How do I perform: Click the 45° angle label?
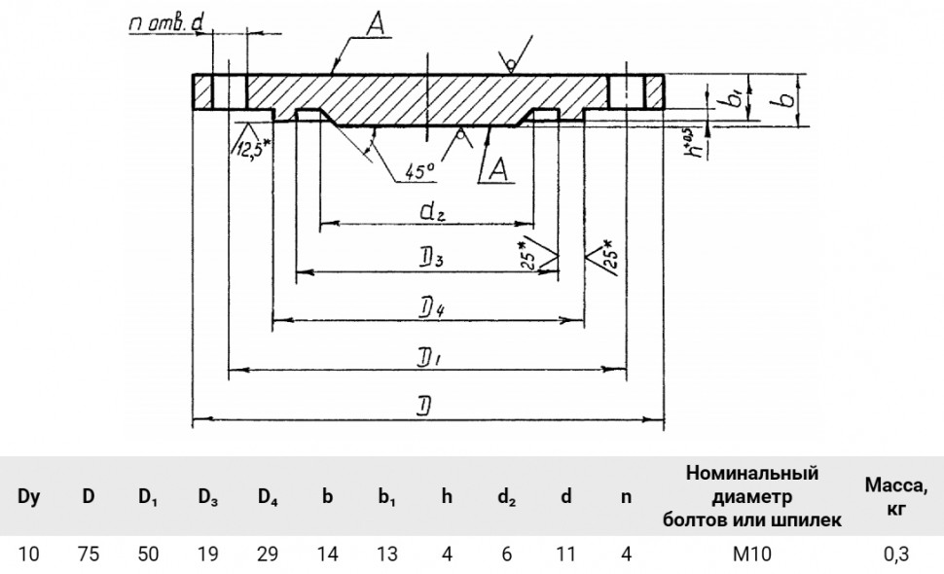[419, 172]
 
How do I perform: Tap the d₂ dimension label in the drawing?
[432, 211]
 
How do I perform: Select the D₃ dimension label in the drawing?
[432, 260]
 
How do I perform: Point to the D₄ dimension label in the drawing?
[433, 309]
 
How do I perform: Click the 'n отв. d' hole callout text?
[166, 24]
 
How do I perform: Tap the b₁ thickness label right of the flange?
[735, 97]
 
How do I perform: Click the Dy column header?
[28, 496]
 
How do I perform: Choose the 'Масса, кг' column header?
[896, 496]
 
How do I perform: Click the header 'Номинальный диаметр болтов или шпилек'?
[752, 496]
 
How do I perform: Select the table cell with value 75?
[88, 554]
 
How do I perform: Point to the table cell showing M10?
[752, 554]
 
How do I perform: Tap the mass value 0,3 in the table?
[896, 554]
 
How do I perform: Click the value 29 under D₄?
[268, 554]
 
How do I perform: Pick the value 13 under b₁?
[386, 554]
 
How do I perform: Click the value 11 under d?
[566, 554]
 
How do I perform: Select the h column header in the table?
[447, 496]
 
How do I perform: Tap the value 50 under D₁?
[148, 554]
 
